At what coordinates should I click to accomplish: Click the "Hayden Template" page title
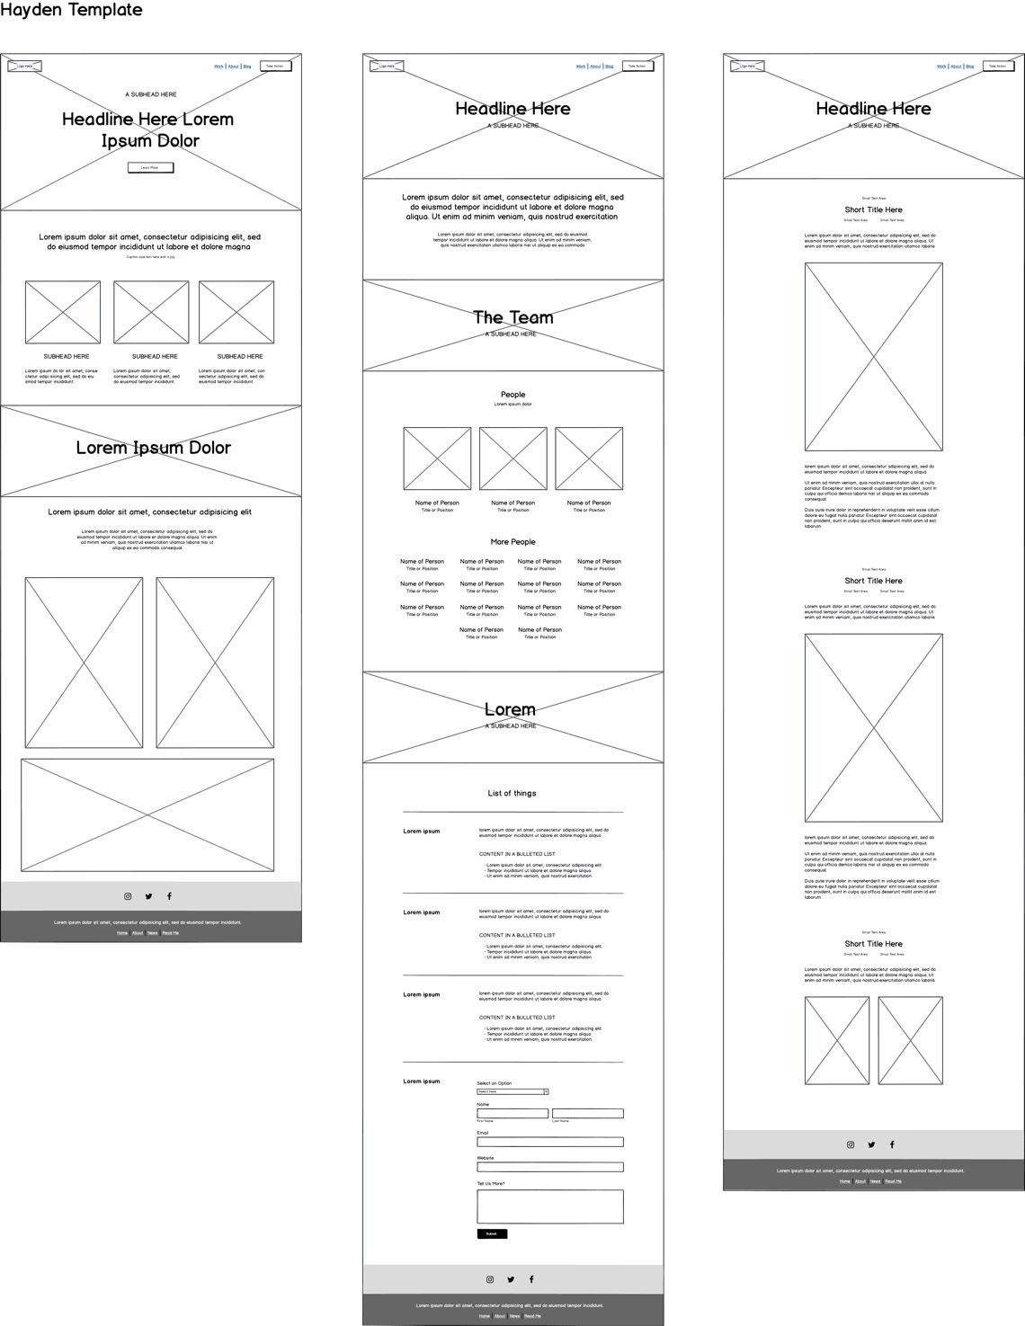[71, 10]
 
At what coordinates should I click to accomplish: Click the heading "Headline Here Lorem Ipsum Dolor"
[148, 129]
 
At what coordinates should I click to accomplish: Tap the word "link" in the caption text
[172, 257]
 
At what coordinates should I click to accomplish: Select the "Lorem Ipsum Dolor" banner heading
[153, 448]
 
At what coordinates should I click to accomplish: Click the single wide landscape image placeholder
[147, 814]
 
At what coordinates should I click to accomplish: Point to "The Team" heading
[513, 317]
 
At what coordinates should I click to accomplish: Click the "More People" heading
[512, 542]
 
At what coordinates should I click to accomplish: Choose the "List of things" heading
[512, 793]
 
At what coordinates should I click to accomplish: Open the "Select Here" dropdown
[512, 1091]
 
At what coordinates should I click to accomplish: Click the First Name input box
[512, 1113]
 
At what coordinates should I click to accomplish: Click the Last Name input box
[587, 1113]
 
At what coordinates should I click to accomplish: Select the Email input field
[550, 1142]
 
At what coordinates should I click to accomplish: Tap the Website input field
[550, 1167]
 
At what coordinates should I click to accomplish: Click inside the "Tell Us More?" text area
[550, 1206]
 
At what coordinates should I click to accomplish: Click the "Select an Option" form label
[494, 1083]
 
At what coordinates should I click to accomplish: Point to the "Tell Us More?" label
[491, 1183]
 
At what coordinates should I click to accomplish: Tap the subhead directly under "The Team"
[511, 334]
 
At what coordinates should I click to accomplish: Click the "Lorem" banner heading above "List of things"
[510, 709]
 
